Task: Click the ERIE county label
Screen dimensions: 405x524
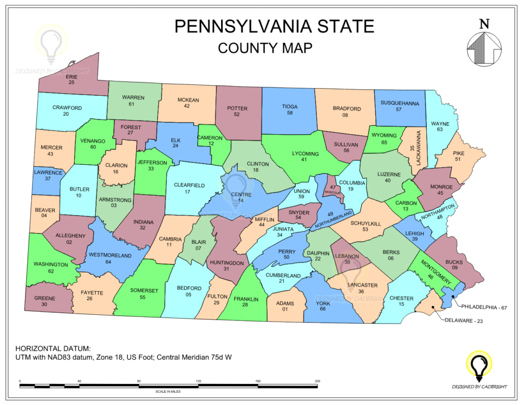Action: pos(72,76)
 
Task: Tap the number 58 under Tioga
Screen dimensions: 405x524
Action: pos(290,113)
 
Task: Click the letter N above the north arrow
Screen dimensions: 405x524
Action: pos(484,24)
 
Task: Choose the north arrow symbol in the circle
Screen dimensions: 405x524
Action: pos(484,49)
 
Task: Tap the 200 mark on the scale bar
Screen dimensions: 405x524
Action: pos(317,381)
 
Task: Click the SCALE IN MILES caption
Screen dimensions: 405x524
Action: pos(168,392)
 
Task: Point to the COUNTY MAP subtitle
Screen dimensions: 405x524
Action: pos(265,48)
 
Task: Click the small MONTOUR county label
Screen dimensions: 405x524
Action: pos(332,193)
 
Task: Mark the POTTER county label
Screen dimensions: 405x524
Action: pos(237,109)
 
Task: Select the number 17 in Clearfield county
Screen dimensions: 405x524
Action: pos(187,191)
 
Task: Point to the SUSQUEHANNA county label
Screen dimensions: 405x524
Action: pos(400,103)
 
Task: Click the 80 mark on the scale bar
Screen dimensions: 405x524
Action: pos(139,381)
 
